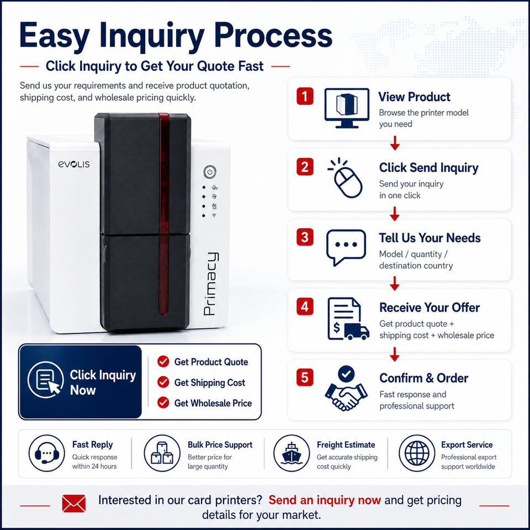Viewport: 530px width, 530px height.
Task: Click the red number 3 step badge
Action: click(305, 237)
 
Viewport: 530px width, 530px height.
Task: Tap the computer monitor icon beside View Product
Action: click(347, 108)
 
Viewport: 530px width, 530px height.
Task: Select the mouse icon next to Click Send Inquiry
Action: click(346, 178)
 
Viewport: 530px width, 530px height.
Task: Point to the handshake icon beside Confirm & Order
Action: click(346, 388)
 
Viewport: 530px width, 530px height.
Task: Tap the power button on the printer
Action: click(210, 172)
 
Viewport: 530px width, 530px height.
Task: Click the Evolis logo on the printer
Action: click(74, 164)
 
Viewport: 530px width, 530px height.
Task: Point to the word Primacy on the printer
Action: click(211, 284)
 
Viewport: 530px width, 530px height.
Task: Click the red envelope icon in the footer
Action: click(73, 504)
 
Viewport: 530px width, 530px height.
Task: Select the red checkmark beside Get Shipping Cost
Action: click(163, 382)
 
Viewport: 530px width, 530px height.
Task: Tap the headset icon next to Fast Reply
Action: click(46, 453)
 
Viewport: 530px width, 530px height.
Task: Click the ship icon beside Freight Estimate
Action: click(291, 453)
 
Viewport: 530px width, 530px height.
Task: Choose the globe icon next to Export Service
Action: click(417, 453)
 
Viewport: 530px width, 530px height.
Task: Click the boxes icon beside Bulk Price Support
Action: click(162, 453)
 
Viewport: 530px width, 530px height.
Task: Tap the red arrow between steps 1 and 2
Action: click(394, 144)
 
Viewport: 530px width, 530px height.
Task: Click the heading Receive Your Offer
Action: click(430, 308)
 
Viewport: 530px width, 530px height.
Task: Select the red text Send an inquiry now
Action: click(325, 500)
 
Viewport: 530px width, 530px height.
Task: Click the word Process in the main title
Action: click(273, 35)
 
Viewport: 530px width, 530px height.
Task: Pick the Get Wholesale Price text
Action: click(213, 403)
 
